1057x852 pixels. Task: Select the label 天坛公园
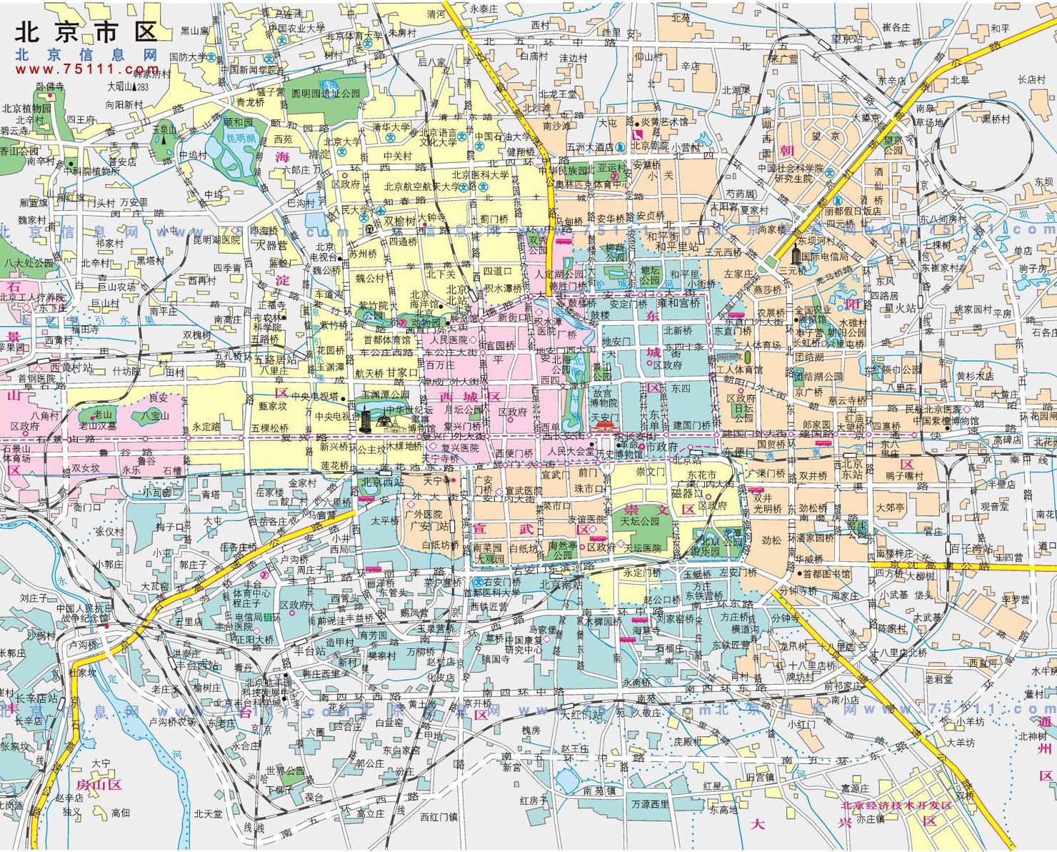pos(641,522)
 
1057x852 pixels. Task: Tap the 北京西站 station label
pos(380,481)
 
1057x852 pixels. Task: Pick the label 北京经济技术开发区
pos(896,806)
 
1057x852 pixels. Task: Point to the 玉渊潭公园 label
pos(385,394)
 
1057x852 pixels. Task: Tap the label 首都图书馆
pos(826,573)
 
